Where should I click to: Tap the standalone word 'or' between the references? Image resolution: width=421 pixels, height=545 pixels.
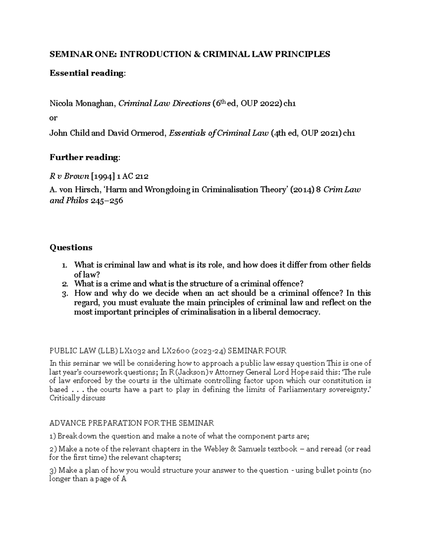point(53,118)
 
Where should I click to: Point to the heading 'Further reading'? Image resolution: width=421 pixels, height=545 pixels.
point(84,157)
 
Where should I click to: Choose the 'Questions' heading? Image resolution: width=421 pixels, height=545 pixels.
point(71,247)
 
